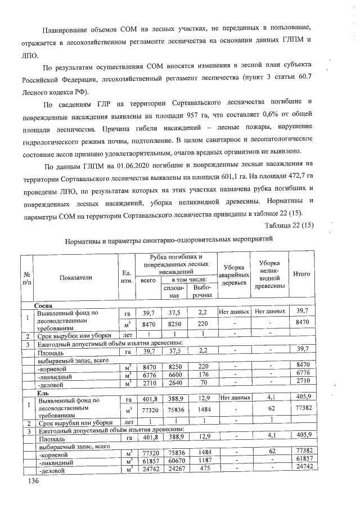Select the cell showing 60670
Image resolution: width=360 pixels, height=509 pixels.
point(177,459)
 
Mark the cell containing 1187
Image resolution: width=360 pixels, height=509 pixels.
point(204,459)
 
